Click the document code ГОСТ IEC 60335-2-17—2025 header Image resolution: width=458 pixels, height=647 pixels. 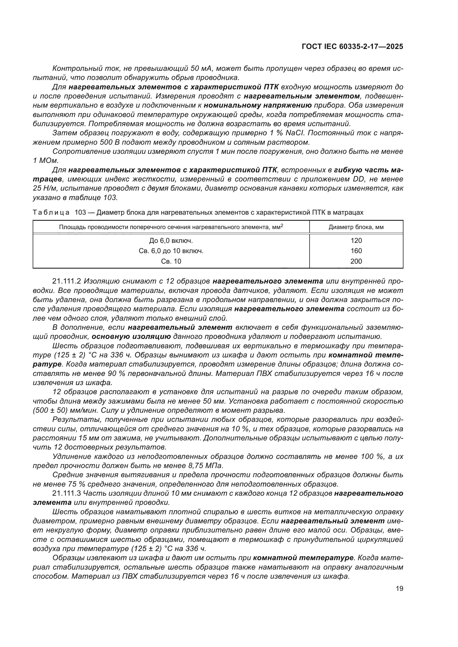(352, 46)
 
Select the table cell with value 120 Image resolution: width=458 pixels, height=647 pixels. (356, 240)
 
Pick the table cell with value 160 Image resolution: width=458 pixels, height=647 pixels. (356, 251)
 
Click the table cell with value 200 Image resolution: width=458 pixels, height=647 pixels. (356, 261)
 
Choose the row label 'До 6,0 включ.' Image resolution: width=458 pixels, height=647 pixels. (171, 240)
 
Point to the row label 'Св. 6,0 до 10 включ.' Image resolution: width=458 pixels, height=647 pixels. (171, 251)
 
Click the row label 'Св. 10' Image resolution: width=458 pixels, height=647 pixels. (171, 261)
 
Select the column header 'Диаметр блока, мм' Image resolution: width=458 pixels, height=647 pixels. (356, 227)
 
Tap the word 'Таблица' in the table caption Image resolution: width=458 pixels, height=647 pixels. (51, 212)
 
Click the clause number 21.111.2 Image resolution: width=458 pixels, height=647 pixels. (67, 281)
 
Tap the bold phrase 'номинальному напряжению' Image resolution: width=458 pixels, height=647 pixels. (258, 105)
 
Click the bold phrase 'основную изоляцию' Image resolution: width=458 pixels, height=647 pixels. (132, 336)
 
